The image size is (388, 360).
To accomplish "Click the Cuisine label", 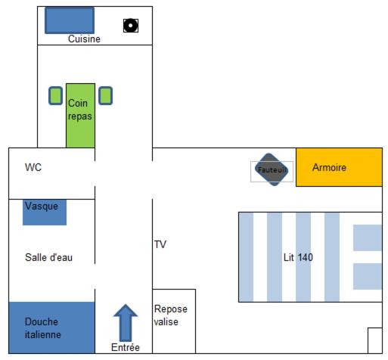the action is coord(84,39).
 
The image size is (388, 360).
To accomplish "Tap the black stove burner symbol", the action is coord(131,26).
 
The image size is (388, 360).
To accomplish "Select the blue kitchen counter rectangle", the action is coord(70,20).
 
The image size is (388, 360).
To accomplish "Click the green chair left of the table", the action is coord(55,95).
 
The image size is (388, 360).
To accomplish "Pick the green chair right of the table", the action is coord(105,95).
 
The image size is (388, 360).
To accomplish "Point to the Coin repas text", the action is coord(80,110).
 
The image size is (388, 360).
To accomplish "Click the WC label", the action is coord(33,167).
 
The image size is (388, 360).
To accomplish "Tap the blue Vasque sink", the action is coord(45,212).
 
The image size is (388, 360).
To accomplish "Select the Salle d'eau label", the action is coord(48,257).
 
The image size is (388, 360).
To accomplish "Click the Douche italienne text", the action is coord(43,328).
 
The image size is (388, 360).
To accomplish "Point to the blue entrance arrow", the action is coord(126,323).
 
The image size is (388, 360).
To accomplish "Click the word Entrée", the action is coord(126,347).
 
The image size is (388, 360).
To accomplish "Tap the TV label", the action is coord(160,244).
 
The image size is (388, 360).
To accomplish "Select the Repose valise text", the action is coord(171,315).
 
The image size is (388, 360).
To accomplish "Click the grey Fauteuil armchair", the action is coord(272,169).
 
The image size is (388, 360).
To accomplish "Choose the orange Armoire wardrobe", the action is coord(339,167).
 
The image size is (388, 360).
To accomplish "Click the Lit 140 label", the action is coord(298,257).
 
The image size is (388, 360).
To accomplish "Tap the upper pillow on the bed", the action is coord(368,237).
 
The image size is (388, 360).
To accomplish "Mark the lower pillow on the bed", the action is coord(368,276).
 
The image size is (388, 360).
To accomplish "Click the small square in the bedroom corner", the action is coord(375,340).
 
